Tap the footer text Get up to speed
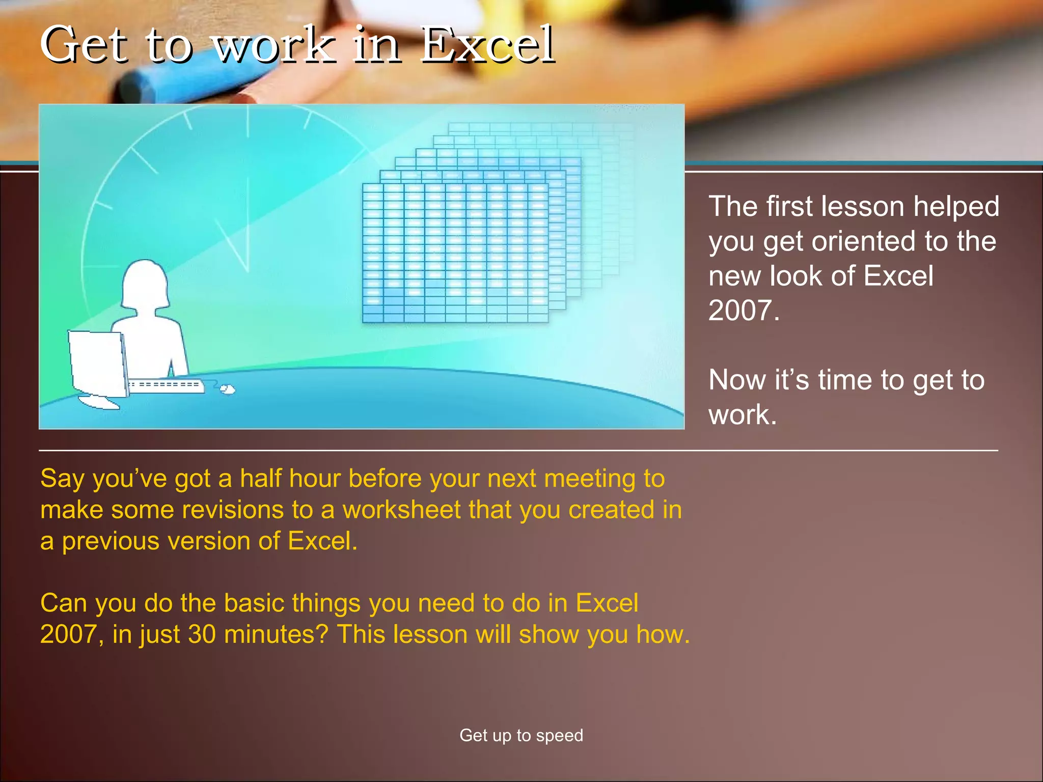(x=521, y=735)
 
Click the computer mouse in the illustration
(x=227, y=389)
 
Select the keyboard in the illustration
(x=166, y=385)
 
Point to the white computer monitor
(x=97, y=364)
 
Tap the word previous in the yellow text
(x=110, y=541)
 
